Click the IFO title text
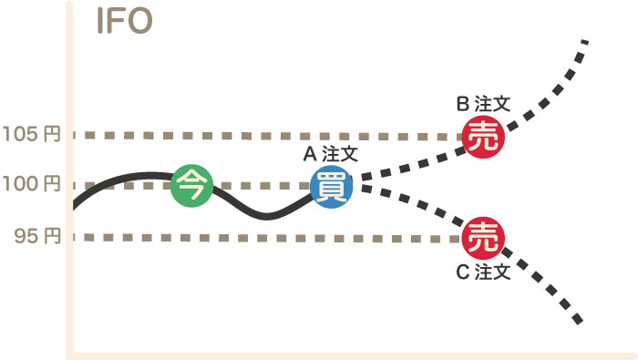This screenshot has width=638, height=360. coord(124,22)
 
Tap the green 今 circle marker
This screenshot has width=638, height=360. coord(191,186)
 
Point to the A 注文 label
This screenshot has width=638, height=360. coord(331,155)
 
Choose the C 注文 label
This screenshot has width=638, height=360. coord(483,272)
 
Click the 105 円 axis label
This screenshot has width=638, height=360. coord(32,134)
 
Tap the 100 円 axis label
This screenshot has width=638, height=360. coord(32,185)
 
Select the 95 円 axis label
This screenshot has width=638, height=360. coord(37,237)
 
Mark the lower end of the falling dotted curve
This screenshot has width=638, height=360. coord(580,322)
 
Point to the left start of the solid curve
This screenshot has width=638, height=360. coord(75,206)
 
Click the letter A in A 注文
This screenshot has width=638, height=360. coord(309,155)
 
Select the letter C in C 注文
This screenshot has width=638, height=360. coord(462,272)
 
